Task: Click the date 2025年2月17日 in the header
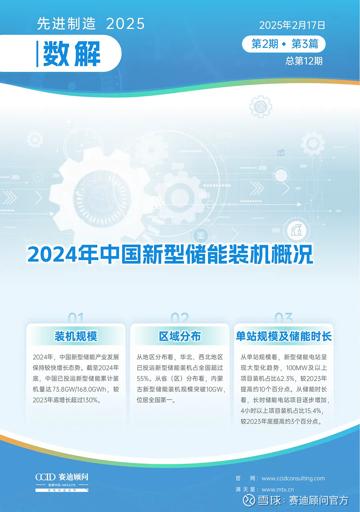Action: click(x=292, y=25)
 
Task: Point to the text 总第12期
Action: click(x=304, y=61)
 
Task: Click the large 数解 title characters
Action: click(x=72, y=54)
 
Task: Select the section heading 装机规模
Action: click(x=76, y=336)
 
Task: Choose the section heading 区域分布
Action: click(x=180, y=336)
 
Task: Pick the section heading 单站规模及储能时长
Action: click(x=283, y=336)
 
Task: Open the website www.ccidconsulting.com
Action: click(x=293, y=478)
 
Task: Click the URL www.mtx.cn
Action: click(x=277, y=489)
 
